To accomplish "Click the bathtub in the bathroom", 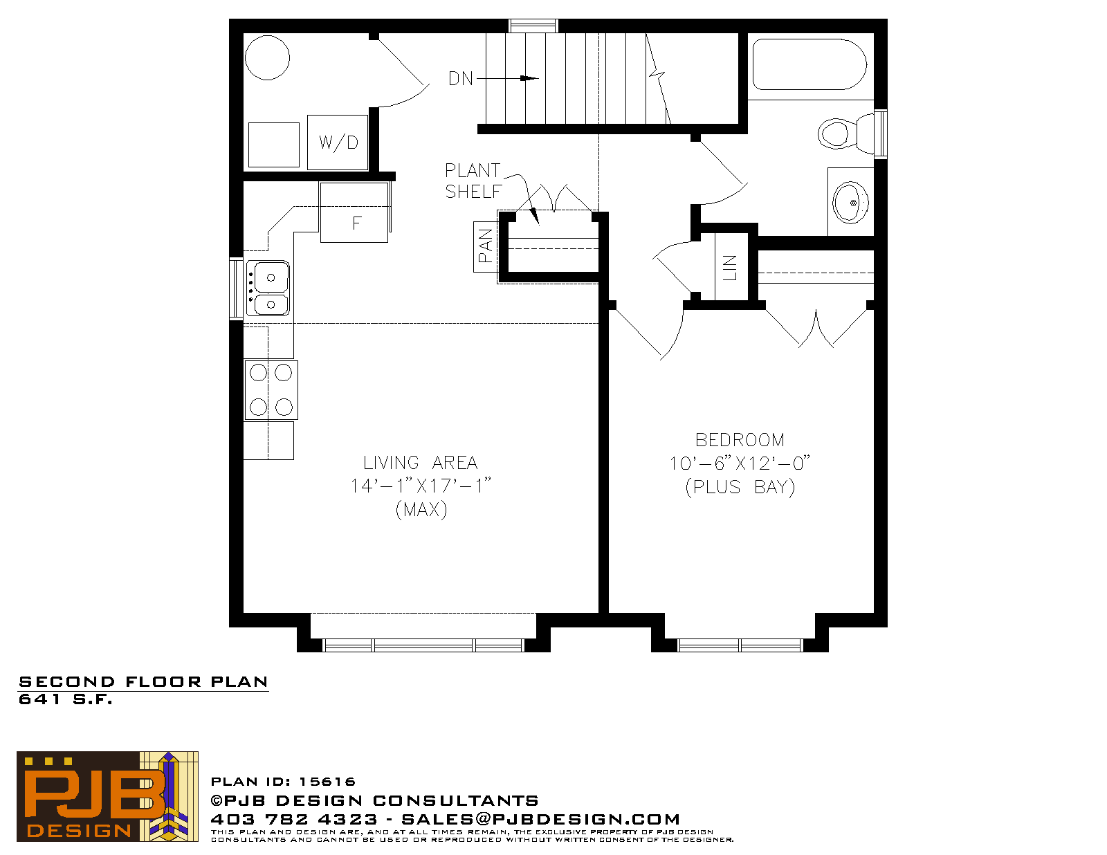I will click(808, 64).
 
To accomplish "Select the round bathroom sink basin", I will click(850, 202).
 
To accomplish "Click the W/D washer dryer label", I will click(338, 142).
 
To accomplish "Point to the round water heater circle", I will click(267, 58).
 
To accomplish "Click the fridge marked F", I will click(354, 213).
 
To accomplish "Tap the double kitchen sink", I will click(268, 288).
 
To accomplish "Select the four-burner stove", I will click(271, 389).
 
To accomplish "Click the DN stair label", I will click(461, 79).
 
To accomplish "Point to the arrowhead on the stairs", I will click(529, 78).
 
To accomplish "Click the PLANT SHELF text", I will click(473, 181).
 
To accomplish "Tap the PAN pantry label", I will click(486, 246).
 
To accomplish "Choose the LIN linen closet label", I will click(730, 268).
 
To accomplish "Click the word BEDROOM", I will click(740, 440).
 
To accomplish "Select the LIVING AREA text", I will click(420, 462).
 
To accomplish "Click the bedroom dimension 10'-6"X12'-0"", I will click(739, 463).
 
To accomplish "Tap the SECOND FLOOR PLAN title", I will click(143, 682).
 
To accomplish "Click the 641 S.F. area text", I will click(66, 699).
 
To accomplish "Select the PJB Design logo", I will click(107, 796).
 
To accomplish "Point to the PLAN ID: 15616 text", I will click(283, 782).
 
